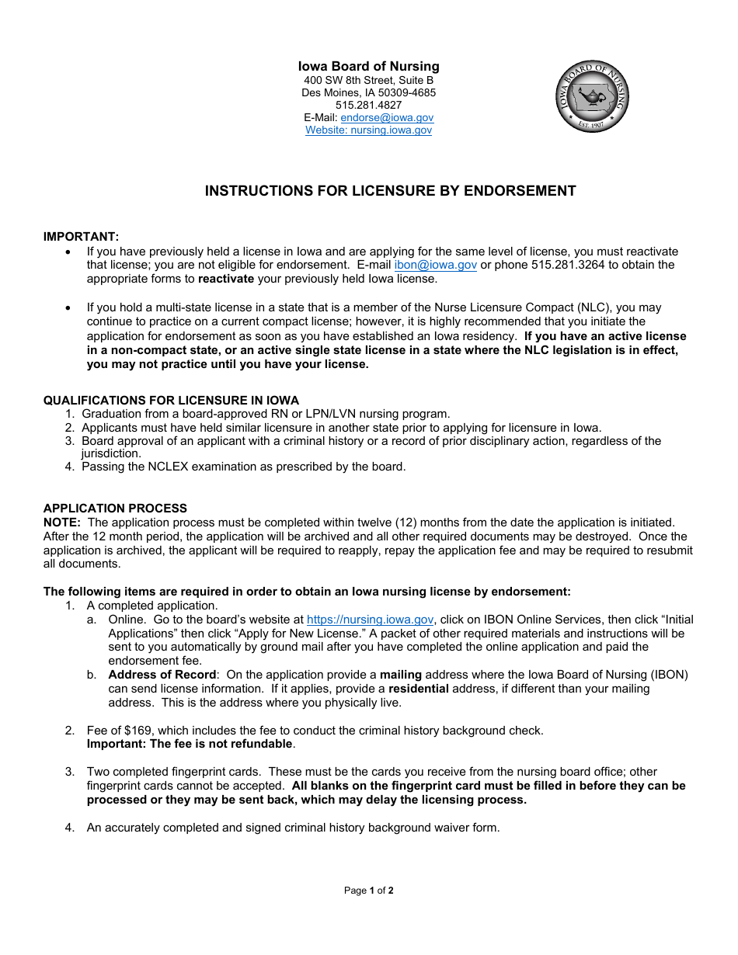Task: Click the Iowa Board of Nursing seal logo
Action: point(592,96)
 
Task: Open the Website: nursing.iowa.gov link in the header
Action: point(368,130)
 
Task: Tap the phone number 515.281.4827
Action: point(368,106)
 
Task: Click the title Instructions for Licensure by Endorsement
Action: point(390,191)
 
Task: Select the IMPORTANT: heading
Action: point(81,237)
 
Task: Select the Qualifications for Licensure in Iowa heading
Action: point(171,401)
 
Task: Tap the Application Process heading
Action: point(115,509)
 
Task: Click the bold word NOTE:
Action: point(62,523)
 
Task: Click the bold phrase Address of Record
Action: point(162,675)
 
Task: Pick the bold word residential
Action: point(418,689)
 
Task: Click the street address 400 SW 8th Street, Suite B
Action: point(368,81)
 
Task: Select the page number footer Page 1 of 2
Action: point(368,891)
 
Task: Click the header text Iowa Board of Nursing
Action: point(368,67)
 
